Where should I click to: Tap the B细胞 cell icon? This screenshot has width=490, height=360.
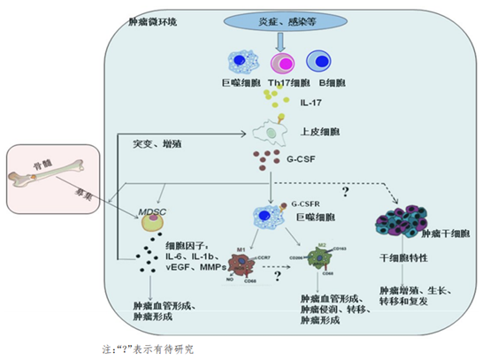(320, 63)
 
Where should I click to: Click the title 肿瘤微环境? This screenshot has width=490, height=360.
(152, 21)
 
